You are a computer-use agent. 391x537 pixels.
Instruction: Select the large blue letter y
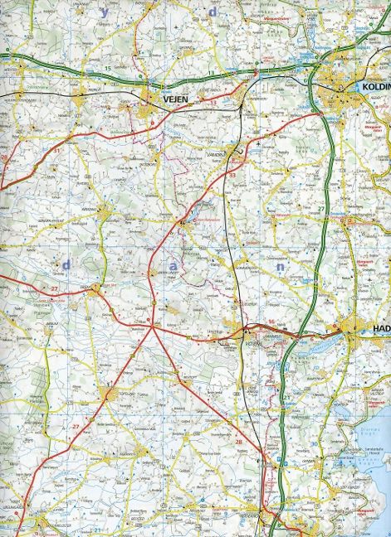(104, 12)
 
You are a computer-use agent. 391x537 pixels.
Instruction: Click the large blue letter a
(173, 265)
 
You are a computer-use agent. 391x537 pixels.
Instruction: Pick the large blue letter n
(281, 268)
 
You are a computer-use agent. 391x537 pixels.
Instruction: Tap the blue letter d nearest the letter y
(213, 12)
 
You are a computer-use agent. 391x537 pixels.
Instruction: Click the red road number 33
(233, 176)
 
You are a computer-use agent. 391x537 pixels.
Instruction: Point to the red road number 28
(239, 443)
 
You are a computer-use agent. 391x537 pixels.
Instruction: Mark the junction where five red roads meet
(154, 329)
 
